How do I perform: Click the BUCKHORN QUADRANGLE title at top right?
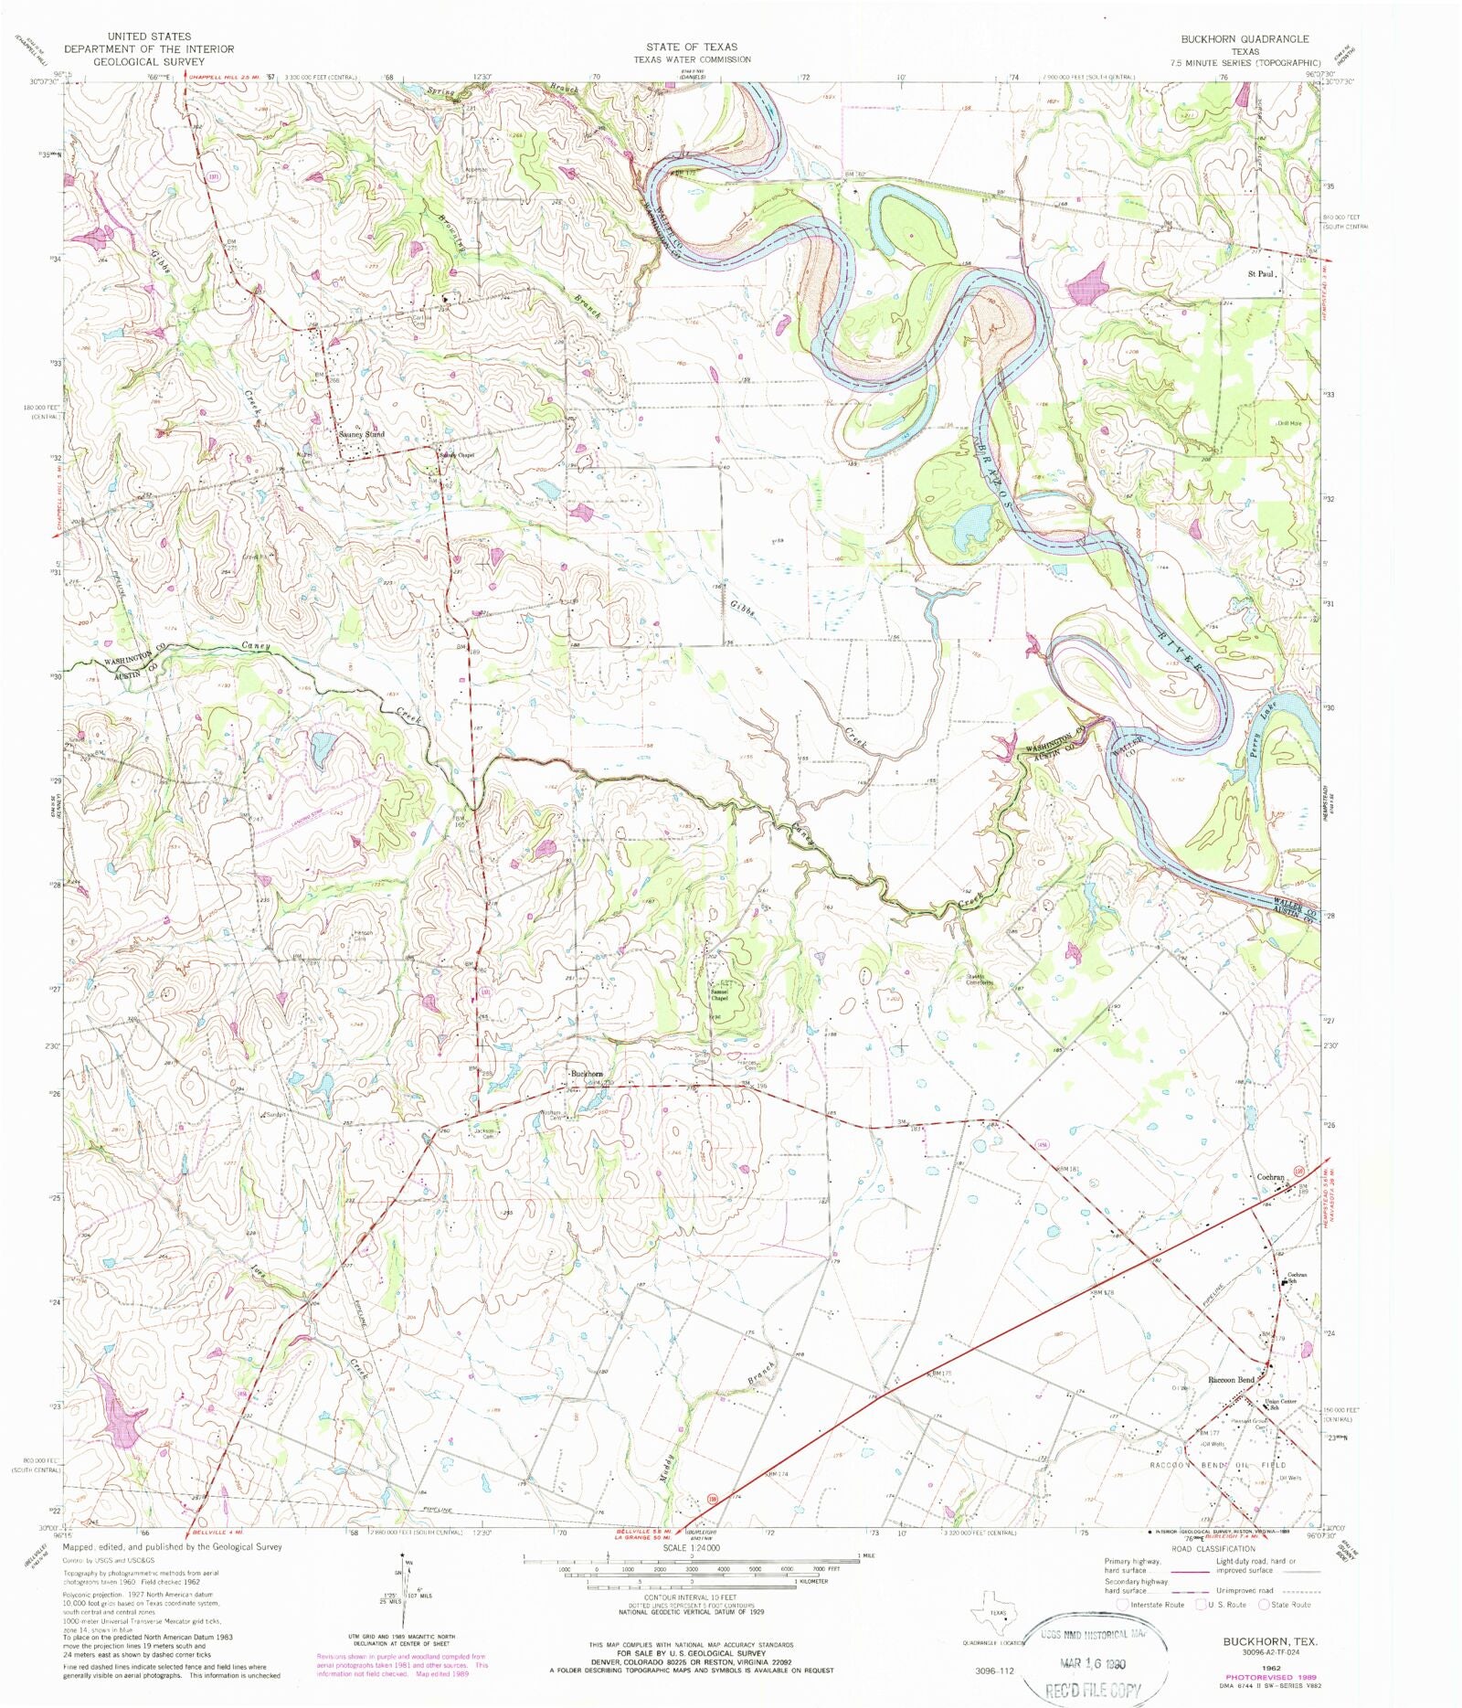pos(1244,39)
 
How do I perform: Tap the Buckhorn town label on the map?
pos(587,1073)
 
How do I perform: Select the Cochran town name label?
pos(1270,1177)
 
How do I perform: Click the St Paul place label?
pos(1260,272)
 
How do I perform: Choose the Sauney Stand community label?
pos(361,434)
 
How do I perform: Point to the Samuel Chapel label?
pos(720,994)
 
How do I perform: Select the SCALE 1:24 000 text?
pos(692,1548)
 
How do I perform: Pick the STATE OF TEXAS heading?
pos(692,47)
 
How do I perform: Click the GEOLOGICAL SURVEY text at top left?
pos(149,61)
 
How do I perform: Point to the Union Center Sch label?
pos(1280,1405)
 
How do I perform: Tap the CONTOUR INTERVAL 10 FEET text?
pos(692,1597)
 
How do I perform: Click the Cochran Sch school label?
pos(1297,1278)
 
